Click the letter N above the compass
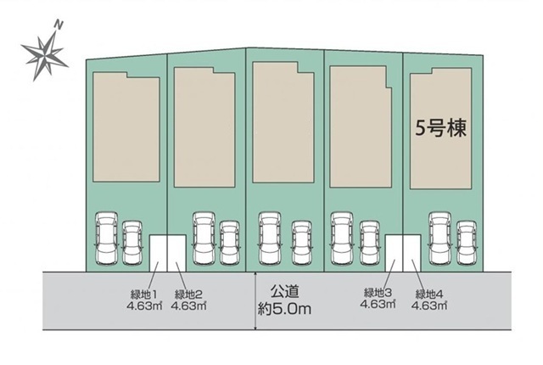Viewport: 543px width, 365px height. (59, 25)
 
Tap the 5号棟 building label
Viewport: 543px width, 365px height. (440, 128)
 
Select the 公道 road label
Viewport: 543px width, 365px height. (285, 291)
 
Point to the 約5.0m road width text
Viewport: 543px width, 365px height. (284, 309)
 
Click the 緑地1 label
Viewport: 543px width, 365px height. (143, 295)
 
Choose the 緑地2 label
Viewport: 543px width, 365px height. (188, 295)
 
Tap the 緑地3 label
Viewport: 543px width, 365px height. (378, 293)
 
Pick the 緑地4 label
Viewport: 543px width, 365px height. (429, 294)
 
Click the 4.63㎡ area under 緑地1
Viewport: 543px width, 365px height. (144, 306)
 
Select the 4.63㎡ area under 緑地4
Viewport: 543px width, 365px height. (429, 305)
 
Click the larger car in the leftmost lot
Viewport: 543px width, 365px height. (107, 239)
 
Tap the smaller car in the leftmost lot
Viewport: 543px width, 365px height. (132, 243)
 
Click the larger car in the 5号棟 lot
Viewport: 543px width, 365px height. (440, 239)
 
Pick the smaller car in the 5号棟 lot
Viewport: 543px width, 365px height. (467, 243)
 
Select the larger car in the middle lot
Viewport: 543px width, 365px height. (270, 239)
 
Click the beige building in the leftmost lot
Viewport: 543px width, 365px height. (126, 126)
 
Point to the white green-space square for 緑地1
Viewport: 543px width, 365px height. (159, 253)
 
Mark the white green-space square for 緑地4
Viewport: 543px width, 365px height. (412, 253)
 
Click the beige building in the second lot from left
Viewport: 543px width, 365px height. (204, 127)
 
